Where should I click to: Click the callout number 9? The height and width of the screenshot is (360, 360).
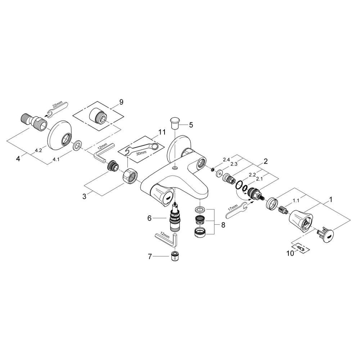121,102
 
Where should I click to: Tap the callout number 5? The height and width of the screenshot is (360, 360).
191,125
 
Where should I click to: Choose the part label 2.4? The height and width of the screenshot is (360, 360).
226,159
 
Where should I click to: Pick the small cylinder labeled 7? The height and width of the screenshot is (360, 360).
174,257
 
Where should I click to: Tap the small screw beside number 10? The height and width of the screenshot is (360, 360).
300,247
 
